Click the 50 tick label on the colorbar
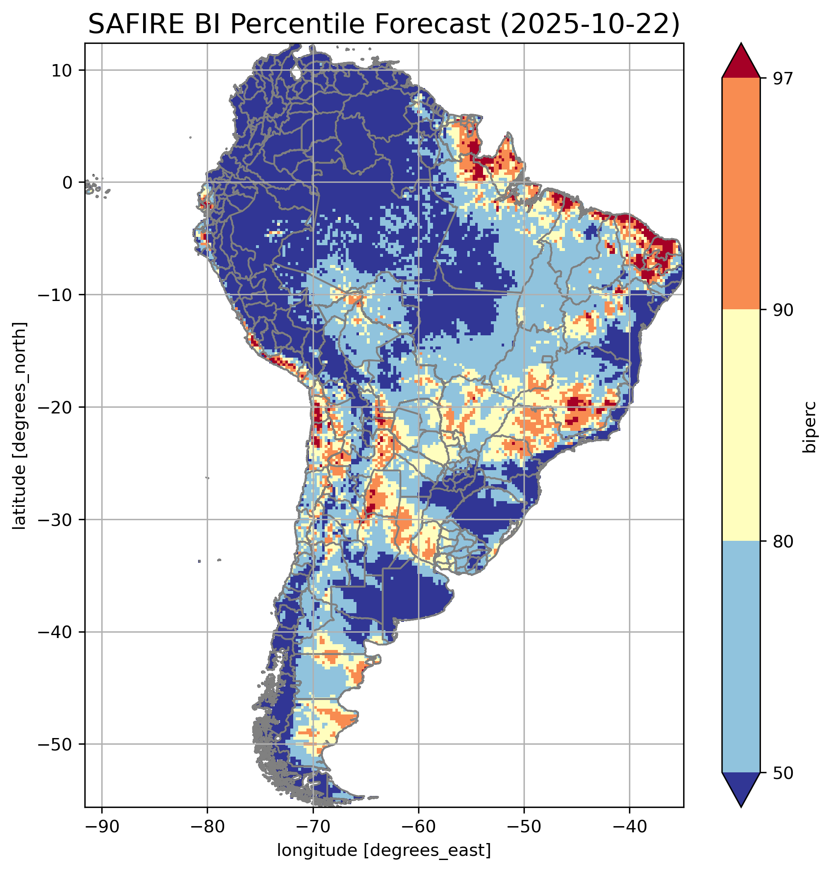(783, 773)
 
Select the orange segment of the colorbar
(741, 194)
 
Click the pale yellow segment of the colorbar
(741, 425)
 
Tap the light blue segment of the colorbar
(741, 657)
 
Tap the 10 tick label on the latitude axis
(62, 70)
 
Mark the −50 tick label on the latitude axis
(55, 744)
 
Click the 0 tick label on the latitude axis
(67, 182)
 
